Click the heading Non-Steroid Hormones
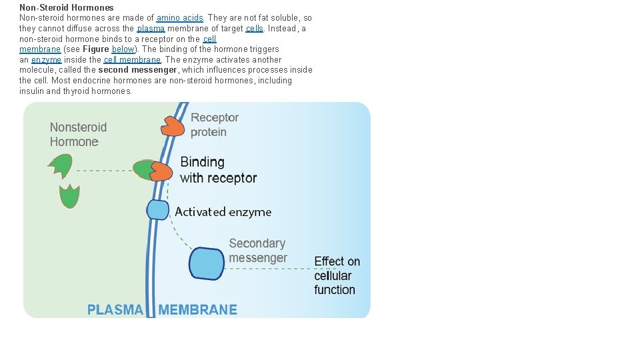66,8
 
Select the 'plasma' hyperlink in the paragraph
151,29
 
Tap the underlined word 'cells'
254,29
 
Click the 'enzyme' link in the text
46,60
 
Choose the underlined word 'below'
123,49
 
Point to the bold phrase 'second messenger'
138,70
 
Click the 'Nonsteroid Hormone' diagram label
78,135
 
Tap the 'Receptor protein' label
214,125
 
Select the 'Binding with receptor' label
218,170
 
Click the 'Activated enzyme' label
223,212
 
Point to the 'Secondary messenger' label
257,251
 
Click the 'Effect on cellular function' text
337,275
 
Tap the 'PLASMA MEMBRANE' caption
162,309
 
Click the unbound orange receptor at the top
172,125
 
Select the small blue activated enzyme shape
158,210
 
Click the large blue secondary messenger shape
207,263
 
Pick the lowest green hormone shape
69,197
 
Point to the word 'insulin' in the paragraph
31,91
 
